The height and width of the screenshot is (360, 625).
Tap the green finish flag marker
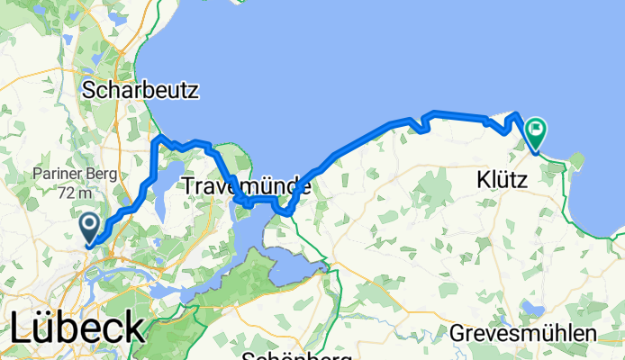536,131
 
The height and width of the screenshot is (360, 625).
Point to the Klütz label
510,181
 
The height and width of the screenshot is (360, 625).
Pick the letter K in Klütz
483,181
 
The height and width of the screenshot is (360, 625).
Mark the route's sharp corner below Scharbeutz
159,138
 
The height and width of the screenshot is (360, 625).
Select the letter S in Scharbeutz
88,90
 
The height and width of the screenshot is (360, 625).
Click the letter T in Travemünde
188,187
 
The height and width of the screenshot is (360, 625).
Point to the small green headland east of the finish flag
576,161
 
